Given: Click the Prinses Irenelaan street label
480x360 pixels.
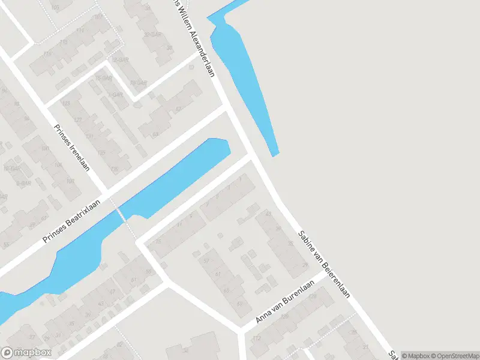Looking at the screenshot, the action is pyautogui.click(x=72, y=148).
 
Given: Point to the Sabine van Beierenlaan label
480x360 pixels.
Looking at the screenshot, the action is pyautogui.click(x=323, y=264).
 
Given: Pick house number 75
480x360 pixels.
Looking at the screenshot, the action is pyautogui.click(x=158, y=241).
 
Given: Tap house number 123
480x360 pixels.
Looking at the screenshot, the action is pyautogui.click(x=67, y=104).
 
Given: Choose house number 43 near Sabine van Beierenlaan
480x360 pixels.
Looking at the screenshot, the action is pyautogui.click(x=268, y=214).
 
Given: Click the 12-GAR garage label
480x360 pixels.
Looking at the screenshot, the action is pyautogui.click(x=120, y=60).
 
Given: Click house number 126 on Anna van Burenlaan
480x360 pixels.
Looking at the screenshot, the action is pyautogui.click(x=286, y=316).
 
